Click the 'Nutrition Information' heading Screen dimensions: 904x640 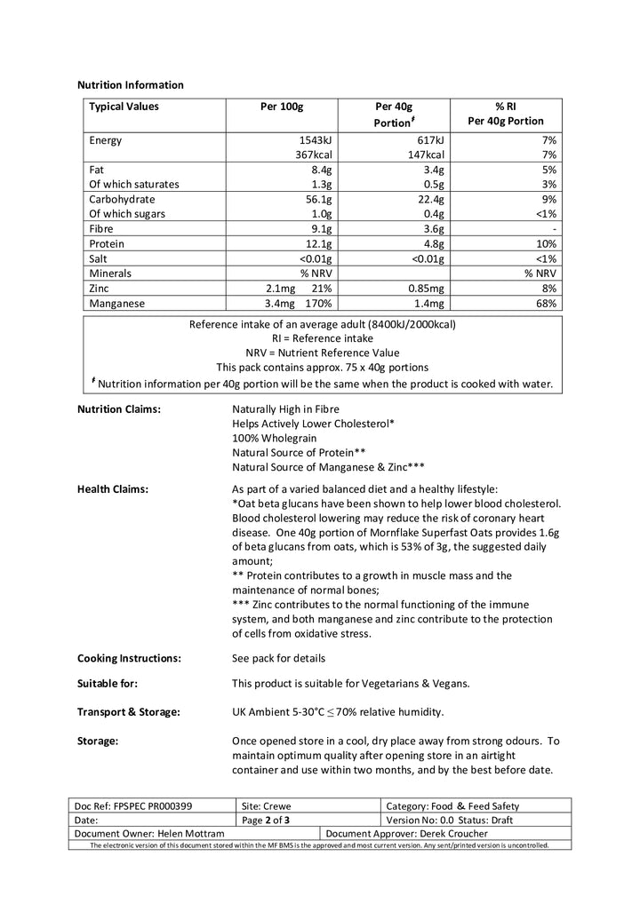click(131, 85)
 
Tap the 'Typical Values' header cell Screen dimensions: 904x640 click(124, 107)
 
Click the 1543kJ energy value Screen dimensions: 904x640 click(314, 140)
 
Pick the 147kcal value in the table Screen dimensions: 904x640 click(425, 155)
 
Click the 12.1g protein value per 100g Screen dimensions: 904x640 click(317, 243)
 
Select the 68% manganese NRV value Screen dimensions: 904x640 click(546, 303)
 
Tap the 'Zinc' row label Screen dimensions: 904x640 click(101, 288)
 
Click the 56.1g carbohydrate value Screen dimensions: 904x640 click(317, 199)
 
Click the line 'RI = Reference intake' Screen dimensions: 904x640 click(322, 338)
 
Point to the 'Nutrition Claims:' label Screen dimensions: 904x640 click(119, 409)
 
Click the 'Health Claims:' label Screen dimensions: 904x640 click(113, 488)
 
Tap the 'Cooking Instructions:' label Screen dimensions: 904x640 click(129, 658)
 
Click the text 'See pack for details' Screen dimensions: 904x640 click(278, 658)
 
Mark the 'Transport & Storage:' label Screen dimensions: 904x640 click(128, 712)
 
